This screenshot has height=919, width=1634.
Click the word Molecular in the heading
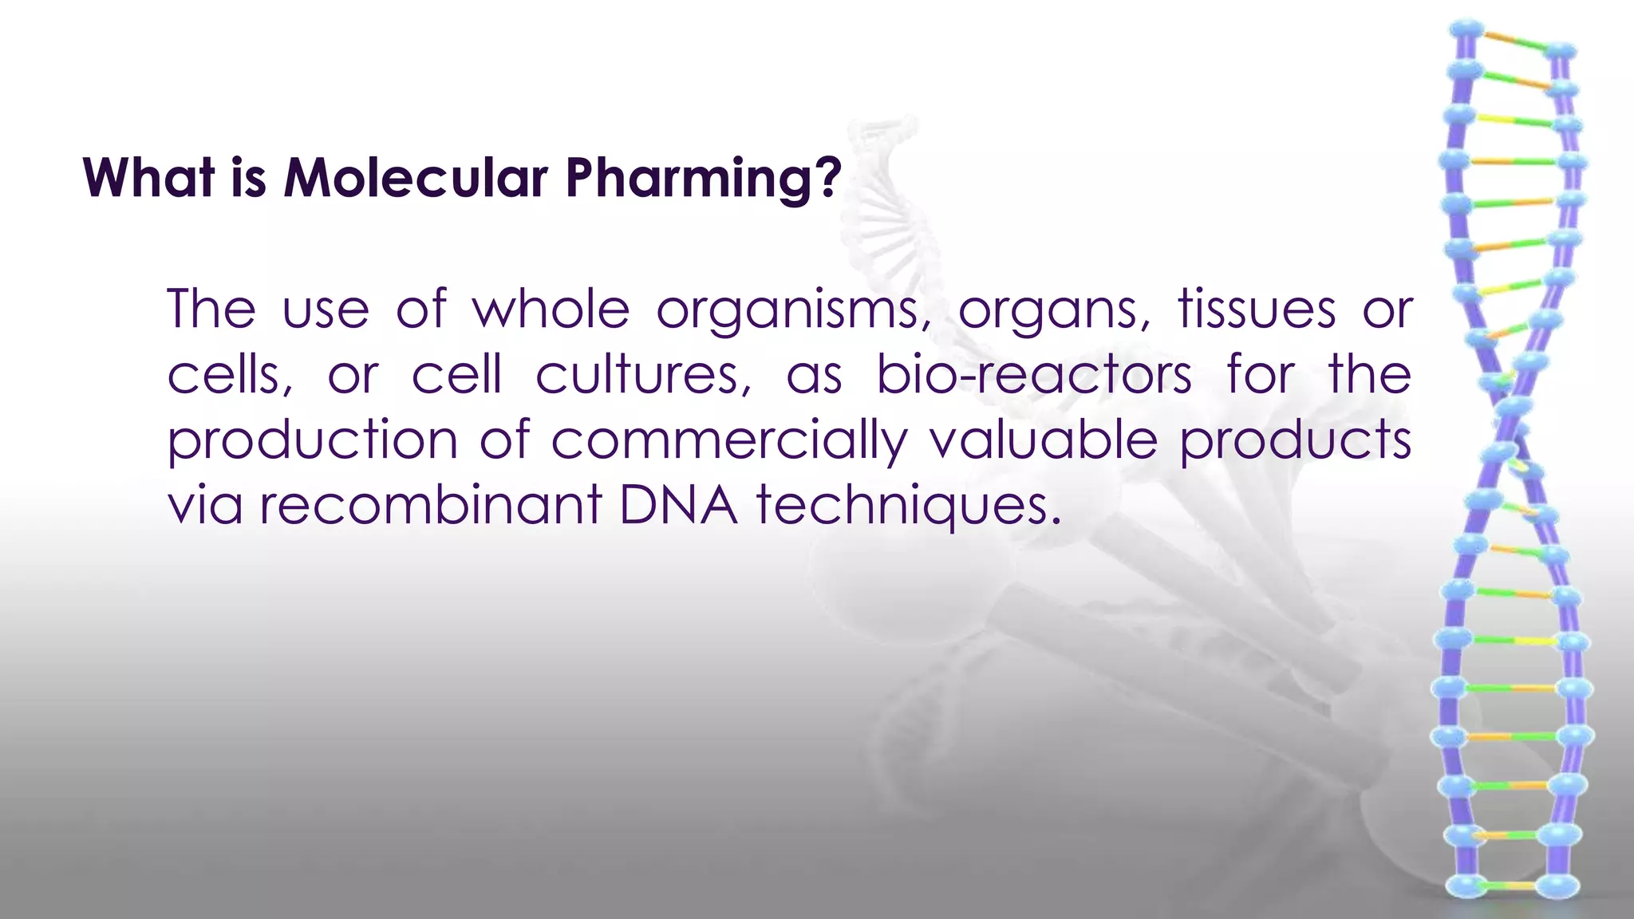coord(416,177)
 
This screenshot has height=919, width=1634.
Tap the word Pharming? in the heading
coord(704,177)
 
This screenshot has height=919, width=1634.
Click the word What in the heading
coord(149,177)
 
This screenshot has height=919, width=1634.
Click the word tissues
coord(1257,310)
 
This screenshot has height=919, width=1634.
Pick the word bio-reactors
coord(1034,375)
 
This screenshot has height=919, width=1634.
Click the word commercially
coord(729,440)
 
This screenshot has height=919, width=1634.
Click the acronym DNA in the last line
coord(678,506)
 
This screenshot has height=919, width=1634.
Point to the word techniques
coord(910,506)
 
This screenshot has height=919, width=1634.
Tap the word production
coord(312,440)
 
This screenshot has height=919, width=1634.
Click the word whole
coord(551,310)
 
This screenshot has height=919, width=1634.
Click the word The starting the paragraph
coord(211,310)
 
